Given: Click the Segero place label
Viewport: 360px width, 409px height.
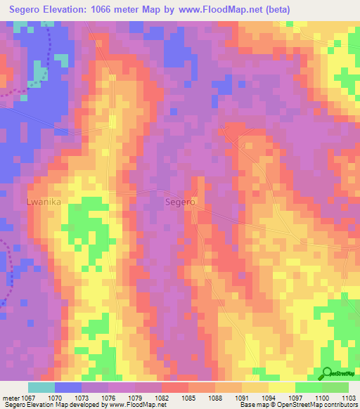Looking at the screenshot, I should tap(179, 202).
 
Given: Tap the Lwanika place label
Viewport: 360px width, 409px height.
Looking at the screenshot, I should tap(44, 202).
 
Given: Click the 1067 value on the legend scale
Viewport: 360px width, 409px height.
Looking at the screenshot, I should tap(27, 398).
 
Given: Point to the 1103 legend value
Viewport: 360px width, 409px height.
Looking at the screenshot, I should tap(349, 398).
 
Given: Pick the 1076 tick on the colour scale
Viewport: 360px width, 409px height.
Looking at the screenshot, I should tap(108, 398).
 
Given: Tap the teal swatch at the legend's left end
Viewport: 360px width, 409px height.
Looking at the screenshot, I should tap(41, 387).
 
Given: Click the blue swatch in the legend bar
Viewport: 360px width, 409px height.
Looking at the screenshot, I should tap(68, 387).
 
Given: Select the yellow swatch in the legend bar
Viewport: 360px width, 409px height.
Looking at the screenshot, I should tap(282, 387).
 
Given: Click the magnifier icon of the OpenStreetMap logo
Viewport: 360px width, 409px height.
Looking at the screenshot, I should tap(326, 373).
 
